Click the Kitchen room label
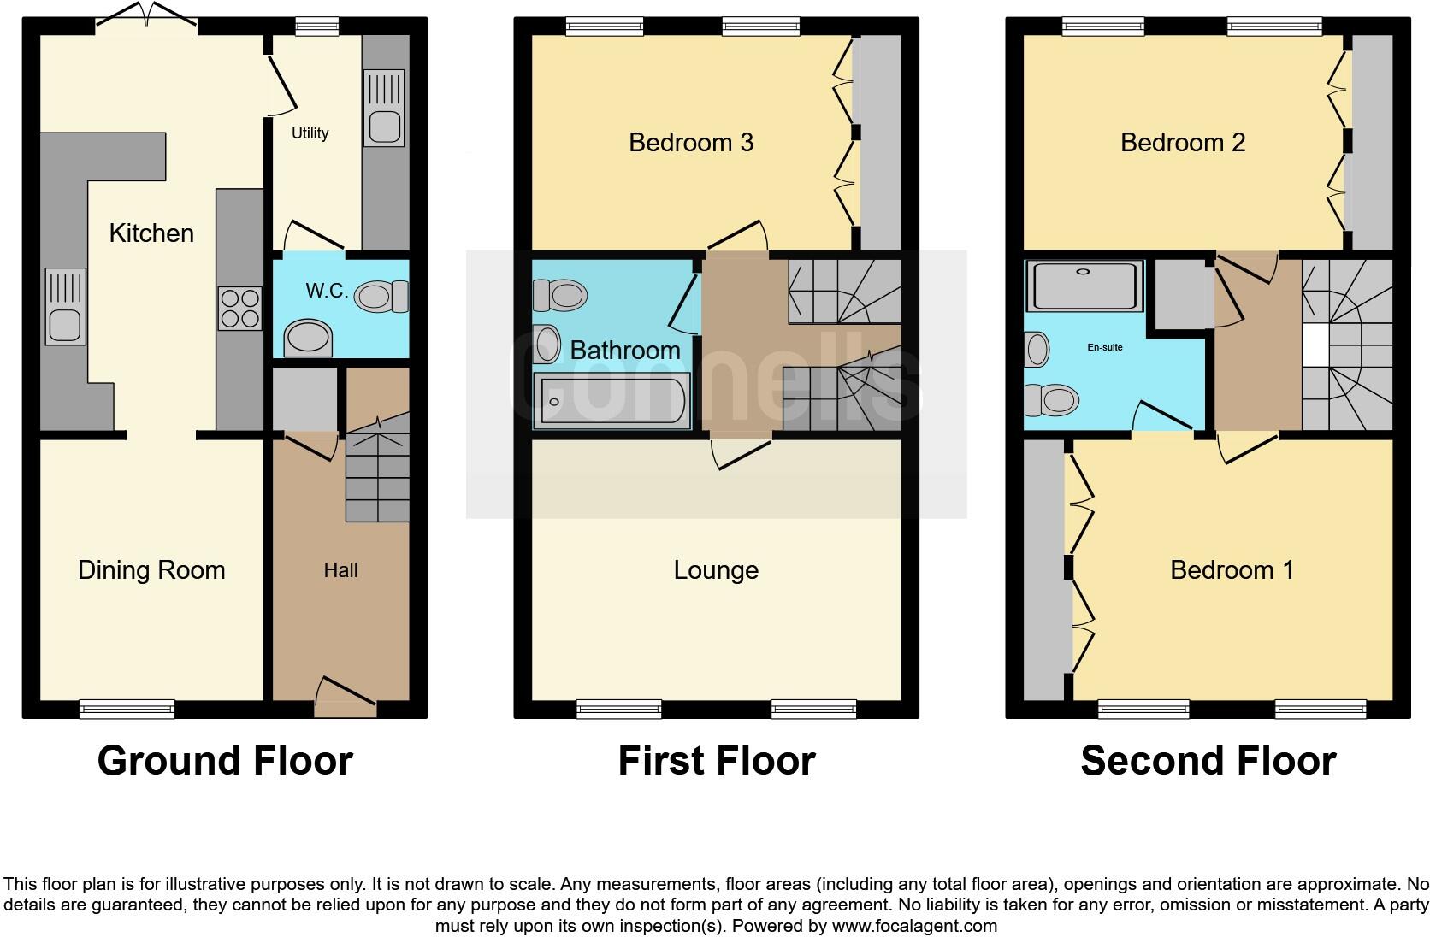[151, 233]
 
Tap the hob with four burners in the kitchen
[240, 309]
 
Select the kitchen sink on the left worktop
[66, 307]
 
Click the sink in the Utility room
[384, 108]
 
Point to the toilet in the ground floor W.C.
[381, 297]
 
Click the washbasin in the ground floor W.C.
[308, 339]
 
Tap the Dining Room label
[151, 570]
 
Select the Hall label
[340, 570]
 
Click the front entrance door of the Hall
[346, 697]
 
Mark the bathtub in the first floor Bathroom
[612, 401]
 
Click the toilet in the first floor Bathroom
[560, 295]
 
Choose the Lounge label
[716, 570]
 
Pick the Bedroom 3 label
[691, 142]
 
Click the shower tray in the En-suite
[1084, 286]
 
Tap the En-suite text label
[1105, 347]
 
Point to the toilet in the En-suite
[1051, 400]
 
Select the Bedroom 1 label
[1232, 570]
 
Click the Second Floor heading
[1208, 761]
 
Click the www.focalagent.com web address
[914, 926]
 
